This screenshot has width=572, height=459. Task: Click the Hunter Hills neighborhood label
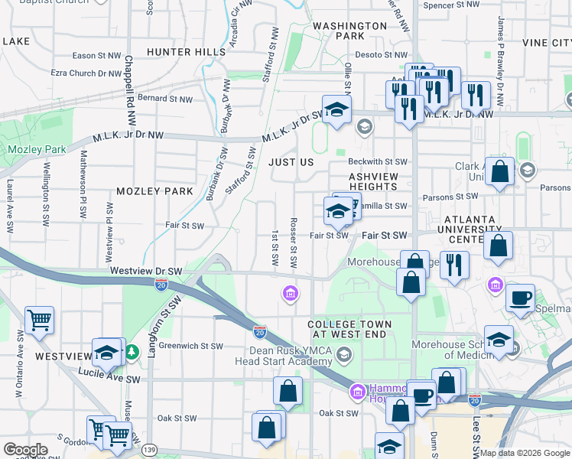click(187, 52)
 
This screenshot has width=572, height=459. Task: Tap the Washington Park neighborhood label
click(349, 31)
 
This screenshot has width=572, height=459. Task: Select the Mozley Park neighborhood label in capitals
click(154, 190)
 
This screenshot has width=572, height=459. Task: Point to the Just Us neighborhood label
click(291, 162)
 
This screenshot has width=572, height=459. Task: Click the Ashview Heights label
click(373, 181)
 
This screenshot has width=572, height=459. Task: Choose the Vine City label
click(546, 43)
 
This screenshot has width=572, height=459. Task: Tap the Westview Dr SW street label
click(146, 271)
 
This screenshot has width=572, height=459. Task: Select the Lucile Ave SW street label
click(109, 376)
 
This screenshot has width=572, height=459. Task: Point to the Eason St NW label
click(96, 56)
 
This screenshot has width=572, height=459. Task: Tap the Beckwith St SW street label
click(378, 162)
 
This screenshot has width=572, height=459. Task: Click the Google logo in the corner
click(25, 450)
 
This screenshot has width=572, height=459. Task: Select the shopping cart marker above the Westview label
click(39, 320)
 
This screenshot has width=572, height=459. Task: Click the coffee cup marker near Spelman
click(521, 298)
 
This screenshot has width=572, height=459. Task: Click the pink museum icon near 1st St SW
click(290, 293)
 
